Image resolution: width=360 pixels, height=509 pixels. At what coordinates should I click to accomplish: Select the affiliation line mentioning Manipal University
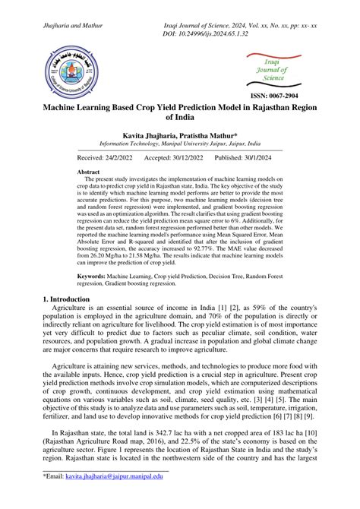180,143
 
